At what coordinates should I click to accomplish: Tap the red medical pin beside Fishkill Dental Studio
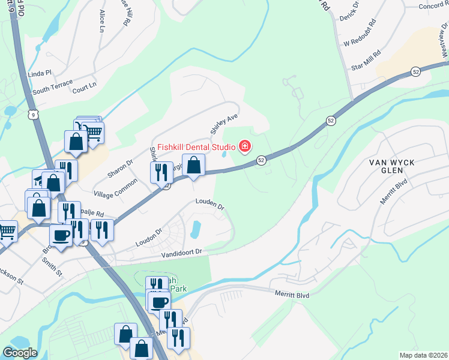[x=244, y=146]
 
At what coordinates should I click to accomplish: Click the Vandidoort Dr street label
[x=182, y=255]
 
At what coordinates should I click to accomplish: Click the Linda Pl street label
[x=40, y=73]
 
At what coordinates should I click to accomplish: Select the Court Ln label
[x=84, y=88]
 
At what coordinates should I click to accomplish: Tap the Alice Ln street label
[x=101, y=22]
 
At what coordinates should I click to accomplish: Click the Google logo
[x=20, y=353]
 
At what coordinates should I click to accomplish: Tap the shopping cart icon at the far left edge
[x=7, y=231]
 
